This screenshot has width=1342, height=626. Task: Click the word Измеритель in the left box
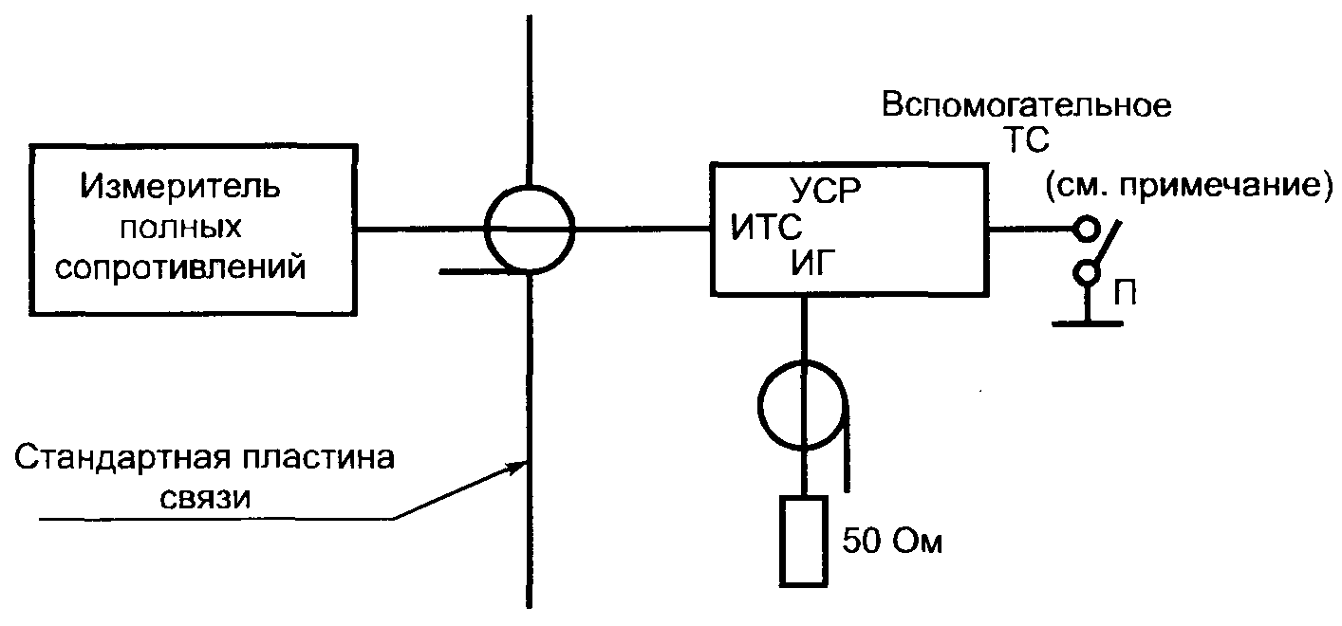(179, 184)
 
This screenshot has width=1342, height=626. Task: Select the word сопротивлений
(180, 267)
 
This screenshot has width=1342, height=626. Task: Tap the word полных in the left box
(179, 228)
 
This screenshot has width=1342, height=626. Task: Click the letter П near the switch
(1127, 294)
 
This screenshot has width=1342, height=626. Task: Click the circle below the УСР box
(804, 402)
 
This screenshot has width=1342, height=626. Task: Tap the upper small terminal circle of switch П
(1083, 229)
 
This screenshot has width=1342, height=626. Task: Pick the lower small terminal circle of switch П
(1083, 274)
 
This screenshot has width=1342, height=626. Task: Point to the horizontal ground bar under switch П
(1088, 323)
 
